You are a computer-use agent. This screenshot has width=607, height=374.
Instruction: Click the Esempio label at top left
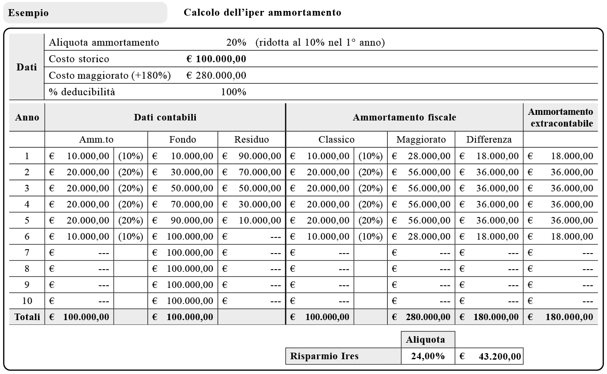(x=29, y=13)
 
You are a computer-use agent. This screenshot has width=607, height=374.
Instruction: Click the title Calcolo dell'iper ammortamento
(x=262, y=13)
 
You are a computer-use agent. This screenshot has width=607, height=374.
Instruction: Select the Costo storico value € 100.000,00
(x=216, y=59)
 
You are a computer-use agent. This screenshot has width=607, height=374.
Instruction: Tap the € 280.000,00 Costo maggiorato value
(x=216, y=76)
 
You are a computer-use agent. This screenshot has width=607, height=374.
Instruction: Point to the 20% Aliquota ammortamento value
(x=236, y=43)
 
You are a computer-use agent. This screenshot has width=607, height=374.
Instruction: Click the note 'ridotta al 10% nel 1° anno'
(x=320, y=43)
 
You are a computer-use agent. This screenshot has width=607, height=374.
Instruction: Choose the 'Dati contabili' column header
(x=165, y=117)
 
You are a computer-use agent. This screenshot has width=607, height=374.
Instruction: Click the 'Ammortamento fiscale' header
(x=404, y=117)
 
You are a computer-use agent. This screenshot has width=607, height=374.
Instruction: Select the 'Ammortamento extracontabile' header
(x=560, y=117)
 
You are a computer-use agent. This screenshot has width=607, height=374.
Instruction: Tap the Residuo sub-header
(x=251, y=140)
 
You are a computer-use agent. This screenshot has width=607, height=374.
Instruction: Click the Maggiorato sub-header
(x=421, y=140)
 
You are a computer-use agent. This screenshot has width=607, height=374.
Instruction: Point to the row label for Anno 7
(x=27, y=253)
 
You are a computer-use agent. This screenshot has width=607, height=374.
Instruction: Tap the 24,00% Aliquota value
(x=428, y=356)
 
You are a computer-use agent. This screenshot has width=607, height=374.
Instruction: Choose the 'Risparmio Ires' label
(x=324, y=356)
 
